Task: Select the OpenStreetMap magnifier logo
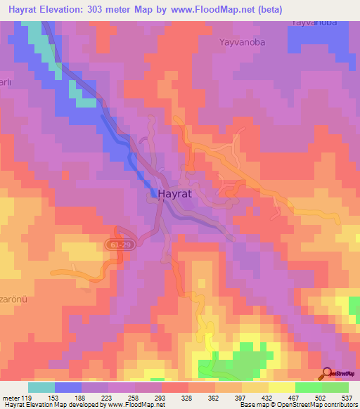click(328, 373)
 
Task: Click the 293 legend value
click(162, 398)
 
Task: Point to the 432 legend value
click(269, 398)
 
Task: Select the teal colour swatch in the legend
click(41, 387)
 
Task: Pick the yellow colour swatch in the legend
click(281, 387)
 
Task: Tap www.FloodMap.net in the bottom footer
click(136, 405)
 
